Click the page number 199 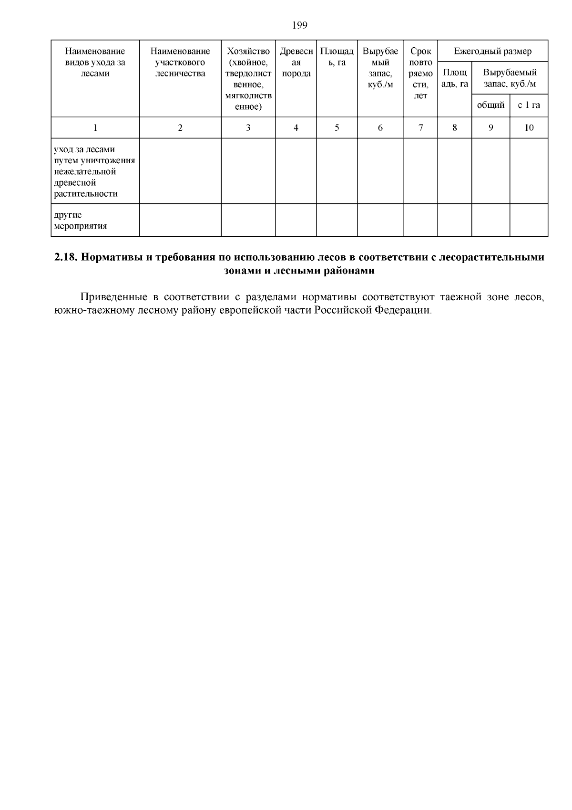[299, 25]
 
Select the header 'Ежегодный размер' [492, 51]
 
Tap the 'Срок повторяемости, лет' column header [420, 73]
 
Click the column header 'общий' [490, 105]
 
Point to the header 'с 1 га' [529, 105]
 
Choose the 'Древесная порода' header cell [296, 62]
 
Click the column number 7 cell [420, 127]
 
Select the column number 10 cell [529, 127]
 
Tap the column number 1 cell [95, 127]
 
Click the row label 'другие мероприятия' [80, 221]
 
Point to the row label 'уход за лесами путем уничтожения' [94, 160]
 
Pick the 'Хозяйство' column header [248, 51]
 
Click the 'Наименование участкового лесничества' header [180, 62]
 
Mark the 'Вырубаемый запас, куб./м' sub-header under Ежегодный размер [510, 78]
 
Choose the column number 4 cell [296, 127]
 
